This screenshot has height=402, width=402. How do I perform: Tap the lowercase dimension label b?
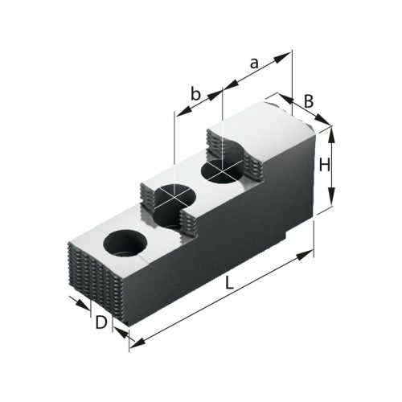(195, 93)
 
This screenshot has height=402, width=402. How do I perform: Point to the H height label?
(325, 166)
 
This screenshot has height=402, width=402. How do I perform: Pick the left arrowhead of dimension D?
(85, 307)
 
